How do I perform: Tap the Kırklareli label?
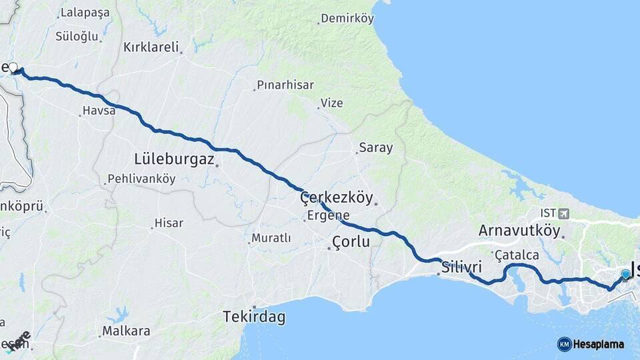[151, 47]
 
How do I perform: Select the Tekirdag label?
[254, 317]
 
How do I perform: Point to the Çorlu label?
[351, 242]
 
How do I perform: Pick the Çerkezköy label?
[335, 198]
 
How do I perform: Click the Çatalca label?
[516, 255]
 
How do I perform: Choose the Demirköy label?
[347, 19]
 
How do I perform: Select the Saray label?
[376, 147]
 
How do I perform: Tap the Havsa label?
[99, 111]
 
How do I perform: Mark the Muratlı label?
[271, 238]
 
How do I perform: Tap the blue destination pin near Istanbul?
[625, 274]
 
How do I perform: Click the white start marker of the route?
[13, 67]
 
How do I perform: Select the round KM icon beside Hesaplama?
[564, 344]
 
